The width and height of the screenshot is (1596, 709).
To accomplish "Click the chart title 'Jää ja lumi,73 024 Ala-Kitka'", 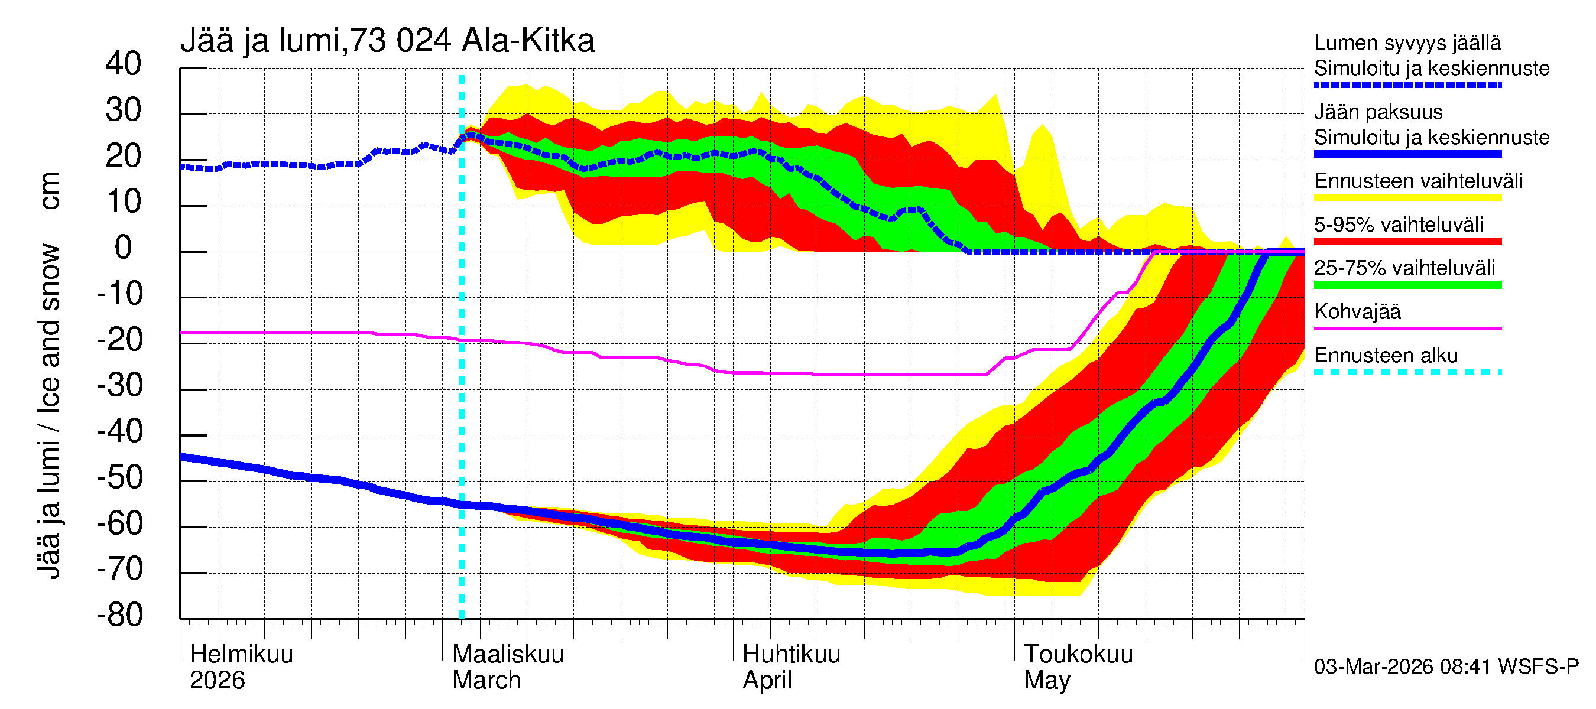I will click(x=387, y=41).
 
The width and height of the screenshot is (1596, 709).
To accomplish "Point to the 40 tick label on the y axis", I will click(x=124, y=64).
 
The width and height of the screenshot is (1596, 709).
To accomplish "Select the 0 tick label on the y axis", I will click(x=124, y=248).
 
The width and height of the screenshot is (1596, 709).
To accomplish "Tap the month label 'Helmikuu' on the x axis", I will click(x=241, y=654).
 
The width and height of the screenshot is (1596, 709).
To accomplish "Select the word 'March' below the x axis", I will click(x=486, y=680).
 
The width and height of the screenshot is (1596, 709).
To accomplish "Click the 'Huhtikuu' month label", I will click(x=791, y=654).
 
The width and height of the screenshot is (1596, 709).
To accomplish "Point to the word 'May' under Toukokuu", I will click(x=1046, y=680).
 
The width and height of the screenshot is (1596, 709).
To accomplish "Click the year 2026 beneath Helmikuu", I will click(x=217, y=680).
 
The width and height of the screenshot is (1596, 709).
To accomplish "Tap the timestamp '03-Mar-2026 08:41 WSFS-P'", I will click(x=1446, y=666).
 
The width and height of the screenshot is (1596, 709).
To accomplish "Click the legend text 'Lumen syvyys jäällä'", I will click(x=1407, y=43).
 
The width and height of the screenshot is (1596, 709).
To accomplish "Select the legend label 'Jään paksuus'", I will click(x=1378, y=112).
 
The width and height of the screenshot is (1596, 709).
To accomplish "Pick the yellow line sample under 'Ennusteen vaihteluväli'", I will click(x=1407, y=197).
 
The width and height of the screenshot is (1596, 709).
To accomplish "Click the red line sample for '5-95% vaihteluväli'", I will click(x=1407, y=241).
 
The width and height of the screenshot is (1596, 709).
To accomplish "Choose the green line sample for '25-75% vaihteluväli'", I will click(x=1407, y=285).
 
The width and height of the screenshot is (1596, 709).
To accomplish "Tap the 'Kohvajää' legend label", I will click(x=1357, y=311).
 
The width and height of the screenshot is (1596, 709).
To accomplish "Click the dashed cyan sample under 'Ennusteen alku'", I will click(x=1407, y=372).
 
